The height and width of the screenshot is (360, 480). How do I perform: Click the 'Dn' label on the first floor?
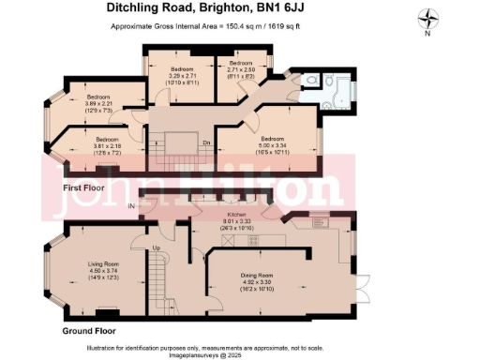coord(206,142)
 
